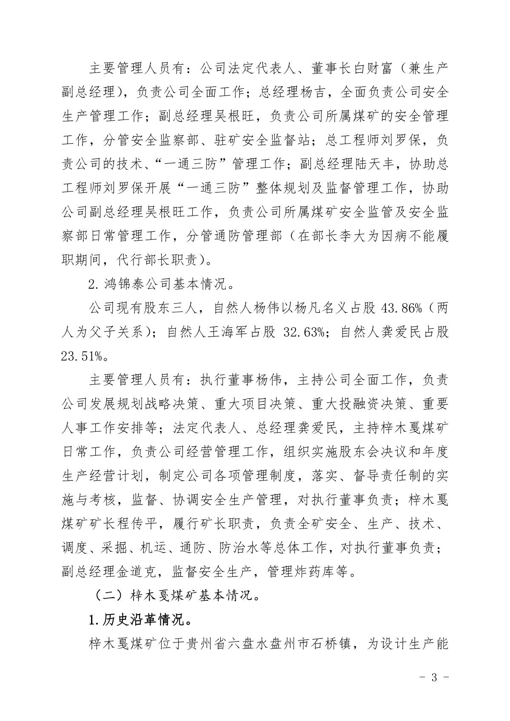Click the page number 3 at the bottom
point(434,677)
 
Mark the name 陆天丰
point(377,163)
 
